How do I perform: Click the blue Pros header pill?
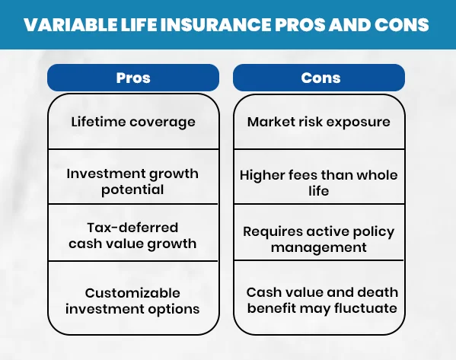click(133, 78)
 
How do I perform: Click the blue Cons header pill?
click(319, 78)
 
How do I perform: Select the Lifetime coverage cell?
click(133, 122)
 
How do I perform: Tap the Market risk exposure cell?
click(319, 122)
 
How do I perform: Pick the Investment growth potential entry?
click(133, 181)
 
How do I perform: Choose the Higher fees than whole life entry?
click(319, 183)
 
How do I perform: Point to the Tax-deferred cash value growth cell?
click(133, 236)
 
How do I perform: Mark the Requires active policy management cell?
click(319, 239)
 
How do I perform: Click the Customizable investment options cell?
click(133, 301)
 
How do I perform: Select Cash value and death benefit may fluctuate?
click(321, 301)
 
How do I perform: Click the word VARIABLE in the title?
click(63, 25)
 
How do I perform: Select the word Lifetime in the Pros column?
click(97, 122)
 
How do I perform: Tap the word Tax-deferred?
click(133, 228)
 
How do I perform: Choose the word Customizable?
click(133, 293)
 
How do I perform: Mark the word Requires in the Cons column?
click(270, 231)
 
